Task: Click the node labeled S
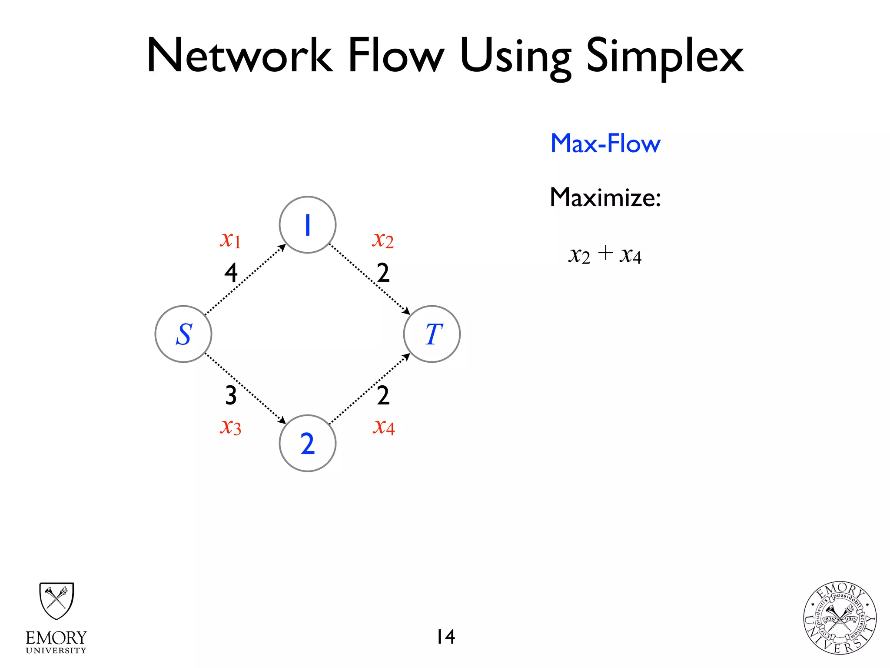click(x=183, y=334)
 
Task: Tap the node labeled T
click(x=432, y=334)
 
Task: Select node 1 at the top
click(x=308, y=225)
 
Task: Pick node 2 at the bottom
click(x=308, y=443)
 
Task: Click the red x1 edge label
click(x=230, y=240)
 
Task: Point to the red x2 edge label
click(x=383, y=240)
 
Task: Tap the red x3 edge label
click(x=230, y=427)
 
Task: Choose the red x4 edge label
click(x=384, y=427)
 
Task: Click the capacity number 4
click(x=231, y=273)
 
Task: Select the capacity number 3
click(x=231, y=396)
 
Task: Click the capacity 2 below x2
click(x=383, y=273)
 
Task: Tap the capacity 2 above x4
click(x=383, y=396)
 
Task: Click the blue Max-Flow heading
click(x=605, y=144)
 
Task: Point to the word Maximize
click(x=605, y=198)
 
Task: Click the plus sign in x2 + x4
click(x=605, y=253)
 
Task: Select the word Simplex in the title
click(x=665, y=57)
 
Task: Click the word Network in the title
click(x=239, y=57)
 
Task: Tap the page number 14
click(x=445, y=637)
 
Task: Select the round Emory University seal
click(x=840, y=618)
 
